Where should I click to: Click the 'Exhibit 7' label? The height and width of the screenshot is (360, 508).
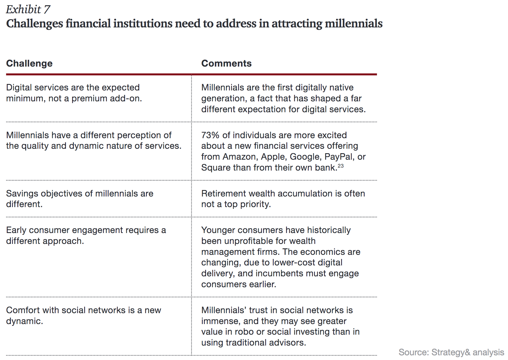pyautogui.click(x=28, y=9)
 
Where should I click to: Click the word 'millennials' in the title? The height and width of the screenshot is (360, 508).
pyautogui.click(x=353, y=24)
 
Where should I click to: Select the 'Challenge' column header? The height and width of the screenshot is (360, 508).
pyautogui.click(x=29, y=63)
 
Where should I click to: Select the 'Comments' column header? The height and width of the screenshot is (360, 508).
pyautogui.click(x=226, y=63)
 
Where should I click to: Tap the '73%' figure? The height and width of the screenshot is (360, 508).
pyautogui.click(x=210, y=135)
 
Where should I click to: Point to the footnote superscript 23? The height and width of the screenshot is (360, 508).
pyautogui.click(x=341, y=166)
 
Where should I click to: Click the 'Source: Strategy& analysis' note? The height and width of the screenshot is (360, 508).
pyautogui.click(x=451, y=352)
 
